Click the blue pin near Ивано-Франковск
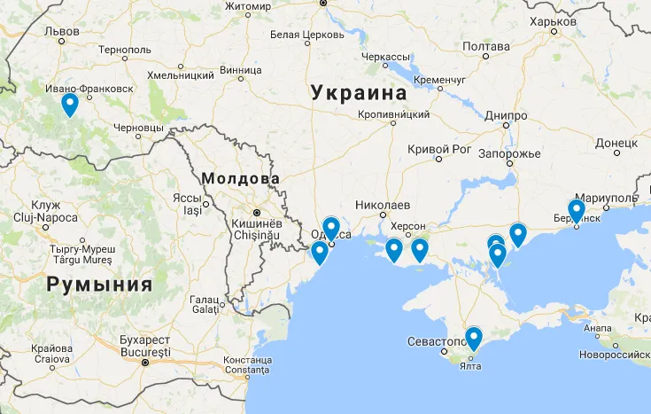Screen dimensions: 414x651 (70, 105)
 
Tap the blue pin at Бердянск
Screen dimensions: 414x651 (576, 211)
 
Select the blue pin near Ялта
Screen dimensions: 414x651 (474, 338)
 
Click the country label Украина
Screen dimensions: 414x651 (359, 92)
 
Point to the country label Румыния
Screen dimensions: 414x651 (99, 285)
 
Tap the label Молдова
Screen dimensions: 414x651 (240, 179)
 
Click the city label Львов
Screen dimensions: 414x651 (61, 31)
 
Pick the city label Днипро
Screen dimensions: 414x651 (507, 115)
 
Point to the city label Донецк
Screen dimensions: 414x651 (616, 142)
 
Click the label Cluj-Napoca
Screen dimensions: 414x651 (43, 217)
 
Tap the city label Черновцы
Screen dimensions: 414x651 (138, 128)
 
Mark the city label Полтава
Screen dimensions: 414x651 (486, 46)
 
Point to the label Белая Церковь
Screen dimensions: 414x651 (306, 35)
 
